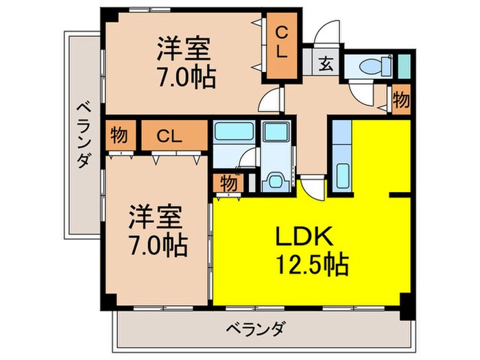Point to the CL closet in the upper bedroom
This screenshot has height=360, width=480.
point(281,42)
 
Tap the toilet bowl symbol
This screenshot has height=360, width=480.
point(367,67)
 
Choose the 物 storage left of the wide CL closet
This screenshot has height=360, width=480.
point(119,135)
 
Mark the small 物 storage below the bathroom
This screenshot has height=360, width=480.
point(230,184)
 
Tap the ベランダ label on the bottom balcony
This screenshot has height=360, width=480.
point(254,327)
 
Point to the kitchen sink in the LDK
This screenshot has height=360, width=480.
point(341,171)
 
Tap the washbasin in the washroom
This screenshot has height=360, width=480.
point(276,180)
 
